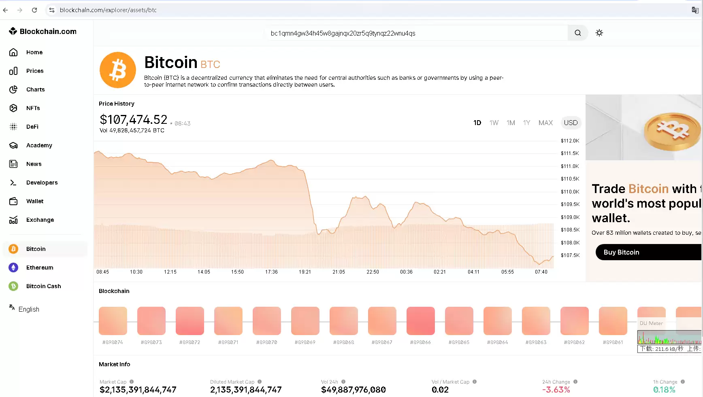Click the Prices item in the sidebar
34,71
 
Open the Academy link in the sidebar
39,145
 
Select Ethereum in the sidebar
39,267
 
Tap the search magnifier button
577,33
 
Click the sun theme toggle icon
599,33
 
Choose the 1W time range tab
494,123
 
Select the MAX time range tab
545,123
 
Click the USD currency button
571,123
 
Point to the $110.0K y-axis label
570,192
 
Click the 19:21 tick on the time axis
305,272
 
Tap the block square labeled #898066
420,321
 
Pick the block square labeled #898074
113,321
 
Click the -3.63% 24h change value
556,390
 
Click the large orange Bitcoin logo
118,70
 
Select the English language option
29,309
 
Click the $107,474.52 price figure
133,119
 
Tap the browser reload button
34,10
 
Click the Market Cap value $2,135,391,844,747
138,390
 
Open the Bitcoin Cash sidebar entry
43,286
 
